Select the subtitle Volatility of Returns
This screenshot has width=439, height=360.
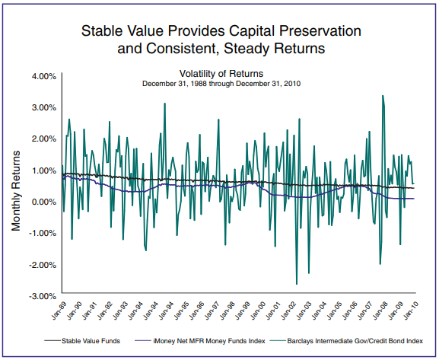(221, 74)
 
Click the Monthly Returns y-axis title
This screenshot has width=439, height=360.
(16, 191)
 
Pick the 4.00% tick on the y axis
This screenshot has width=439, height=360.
(44, 76)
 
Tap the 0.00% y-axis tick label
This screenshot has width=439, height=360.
(44, 202)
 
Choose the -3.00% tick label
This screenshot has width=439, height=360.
(43, 296)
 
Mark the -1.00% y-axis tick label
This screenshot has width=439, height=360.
(43, 233)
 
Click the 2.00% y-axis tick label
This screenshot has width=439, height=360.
(44, 139)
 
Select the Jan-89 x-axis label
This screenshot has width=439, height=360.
(59, 311)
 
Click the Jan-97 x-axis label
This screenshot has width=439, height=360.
(212, 311)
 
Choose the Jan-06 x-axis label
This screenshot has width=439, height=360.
(349, 311)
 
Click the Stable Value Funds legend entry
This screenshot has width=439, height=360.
(82, 341)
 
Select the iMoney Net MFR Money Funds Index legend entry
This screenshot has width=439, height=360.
(200, 341)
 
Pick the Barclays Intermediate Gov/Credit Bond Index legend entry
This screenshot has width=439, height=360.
(347, 341)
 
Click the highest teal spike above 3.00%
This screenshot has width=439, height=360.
(383, 96)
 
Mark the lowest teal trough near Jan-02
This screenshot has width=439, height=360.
(297, 284)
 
